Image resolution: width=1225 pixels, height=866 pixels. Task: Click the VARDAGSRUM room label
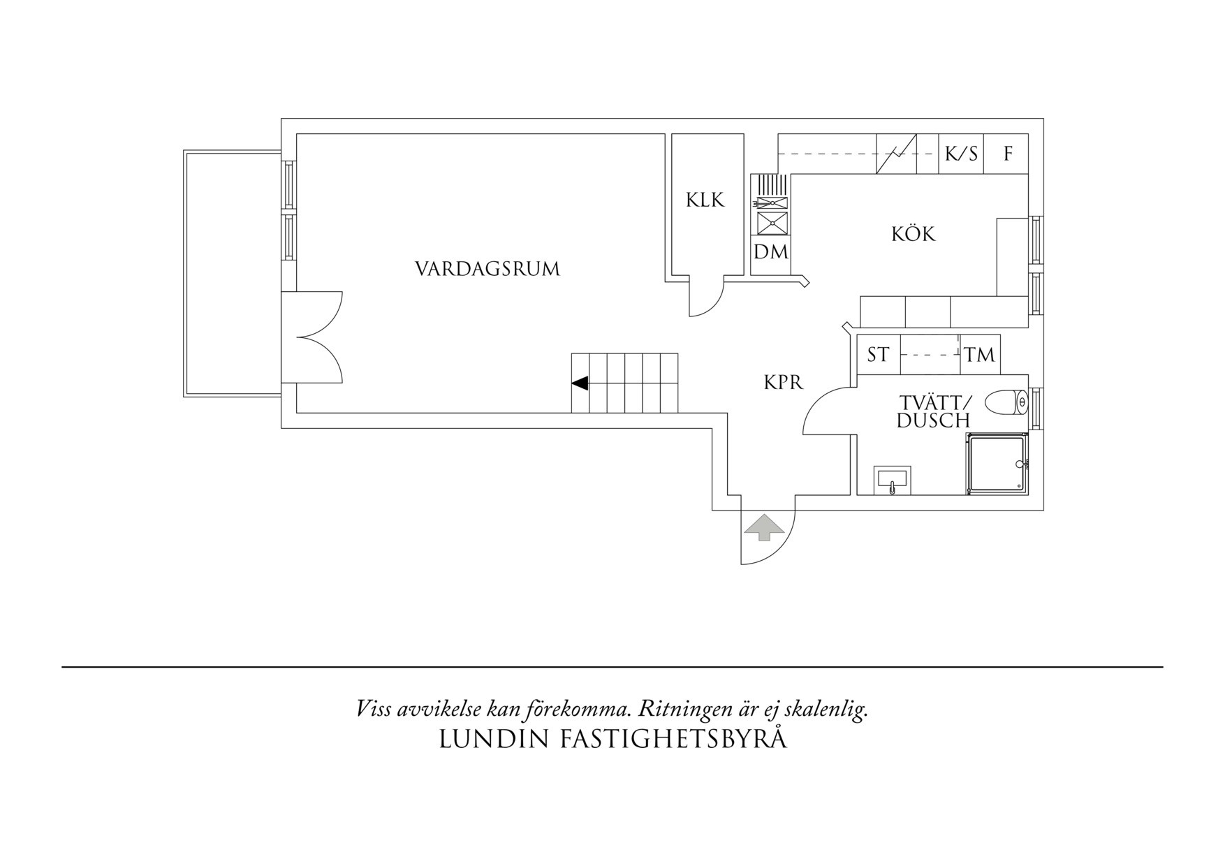487,269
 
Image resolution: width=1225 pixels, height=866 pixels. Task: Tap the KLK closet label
705,200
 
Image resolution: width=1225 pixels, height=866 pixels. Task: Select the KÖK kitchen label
913,233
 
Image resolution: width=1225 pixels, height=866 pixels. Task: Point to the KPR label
784,383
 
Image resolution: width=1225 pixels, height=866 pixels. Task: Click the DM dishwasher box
771,251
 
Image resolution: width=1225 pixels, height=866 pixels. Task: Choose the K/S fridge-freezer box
961,154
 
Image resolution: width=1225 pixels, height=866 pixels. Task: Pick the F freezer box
1006,154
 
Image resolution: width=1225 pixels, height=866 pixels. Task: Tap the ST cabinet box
879,355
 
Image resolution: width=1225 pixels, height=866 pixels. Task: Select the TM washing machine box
979,355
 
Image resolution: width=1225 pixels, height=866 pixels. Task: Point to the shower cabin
997,464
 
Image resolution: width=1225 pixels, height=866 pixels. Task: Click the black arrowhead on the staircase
580,383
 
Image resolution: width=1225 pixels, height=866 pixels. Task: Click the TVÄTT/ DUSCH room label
934,411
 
